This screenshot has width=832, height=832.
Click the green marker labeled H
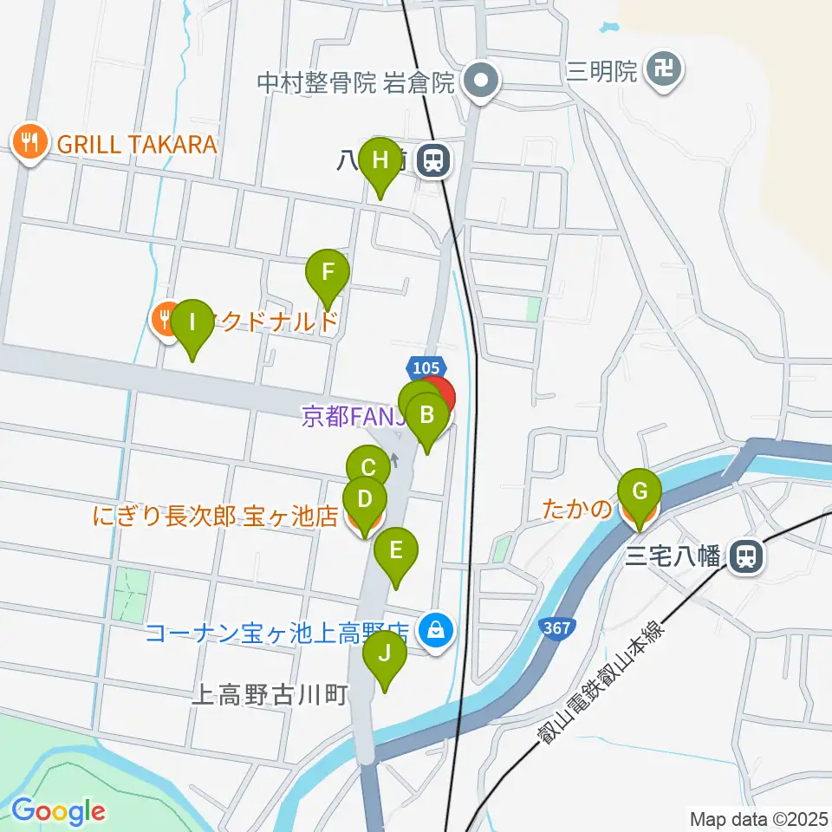point(380,161)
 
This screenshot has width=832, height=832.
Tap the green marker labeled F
point(328,272)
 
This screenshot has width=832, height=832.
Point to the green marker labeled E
point(396,551)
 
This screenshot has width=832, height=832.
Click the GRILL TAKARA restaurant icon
point(29,142)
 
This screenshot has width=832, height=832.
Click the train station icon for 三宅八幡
point(744,556)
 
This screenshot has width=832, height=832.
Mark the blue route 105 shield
point(426,369)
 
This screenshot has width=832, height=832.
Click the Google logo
point(58,811)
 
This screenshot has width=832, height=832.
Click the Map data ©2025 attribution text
point(758,818)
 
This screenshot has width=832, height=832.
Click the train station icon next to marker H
point(432,160)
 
